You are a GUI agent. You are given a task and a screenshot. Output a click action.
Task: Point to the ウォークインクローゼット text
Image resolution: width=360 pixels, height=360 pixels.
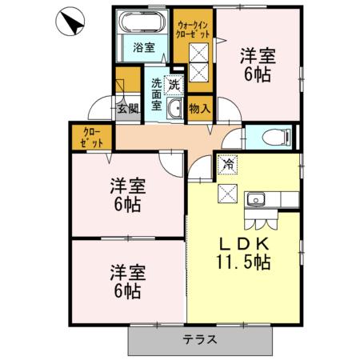coord(195,30)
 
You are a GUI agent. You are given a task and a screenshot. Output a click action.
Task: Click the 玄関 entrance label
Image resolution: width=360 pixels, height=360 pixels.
coord(127,109)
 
